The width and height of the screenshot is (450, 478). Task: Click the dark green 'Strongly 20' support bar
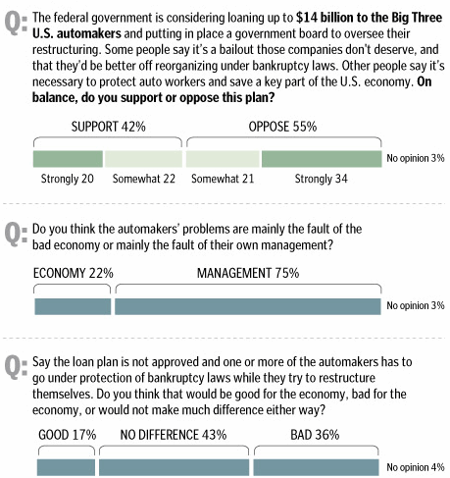pos(68,159)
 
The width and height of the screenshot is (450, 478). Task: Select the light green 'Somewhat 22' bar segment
pos(143,159)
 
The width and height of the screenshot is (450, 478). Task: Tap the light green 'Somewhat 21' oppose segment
pos(223,159)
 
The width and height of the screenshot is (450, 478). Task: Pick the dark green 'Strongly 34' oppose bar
pos(322,159)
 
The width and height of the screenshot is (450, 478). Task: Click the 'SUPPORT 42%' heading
pos(109,127)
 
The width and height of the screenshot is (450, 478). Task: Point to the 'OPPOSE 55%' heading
pos(282,127)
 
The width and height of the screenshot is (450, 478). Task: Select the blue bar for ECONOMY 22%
pos(73,306)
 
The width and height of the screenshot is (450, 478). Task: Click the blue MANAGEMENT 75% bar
pos(248,306)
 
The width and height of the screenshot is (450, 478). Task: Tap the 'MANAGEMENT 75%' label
pos(248,273)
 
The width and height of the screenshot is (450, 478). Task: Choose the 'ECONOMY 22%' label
pos(74,273)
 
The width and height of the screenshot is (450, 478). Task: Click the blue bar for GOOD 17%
pos(66,467)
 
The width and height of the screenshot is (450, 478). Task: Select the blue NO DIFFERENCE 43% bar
pos(174,467)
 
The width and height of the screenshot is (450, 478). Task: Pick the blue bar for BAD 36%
pos(316,467)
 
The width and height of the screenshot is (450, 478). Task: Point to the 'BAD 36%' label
pos(315,435)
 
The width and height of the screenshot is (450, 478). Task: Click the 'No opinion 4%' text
pos(416,467)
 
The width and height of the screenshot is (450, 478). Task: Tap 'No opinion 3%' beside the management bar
pos(416,305)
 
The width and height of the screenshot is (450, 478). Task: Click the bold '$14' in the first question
pos(307,18)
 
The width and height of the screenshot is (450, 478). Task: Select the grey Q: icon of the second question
pos(16,234)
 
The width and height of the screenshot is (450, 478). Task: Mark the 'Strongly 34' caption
pos(321,179)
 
